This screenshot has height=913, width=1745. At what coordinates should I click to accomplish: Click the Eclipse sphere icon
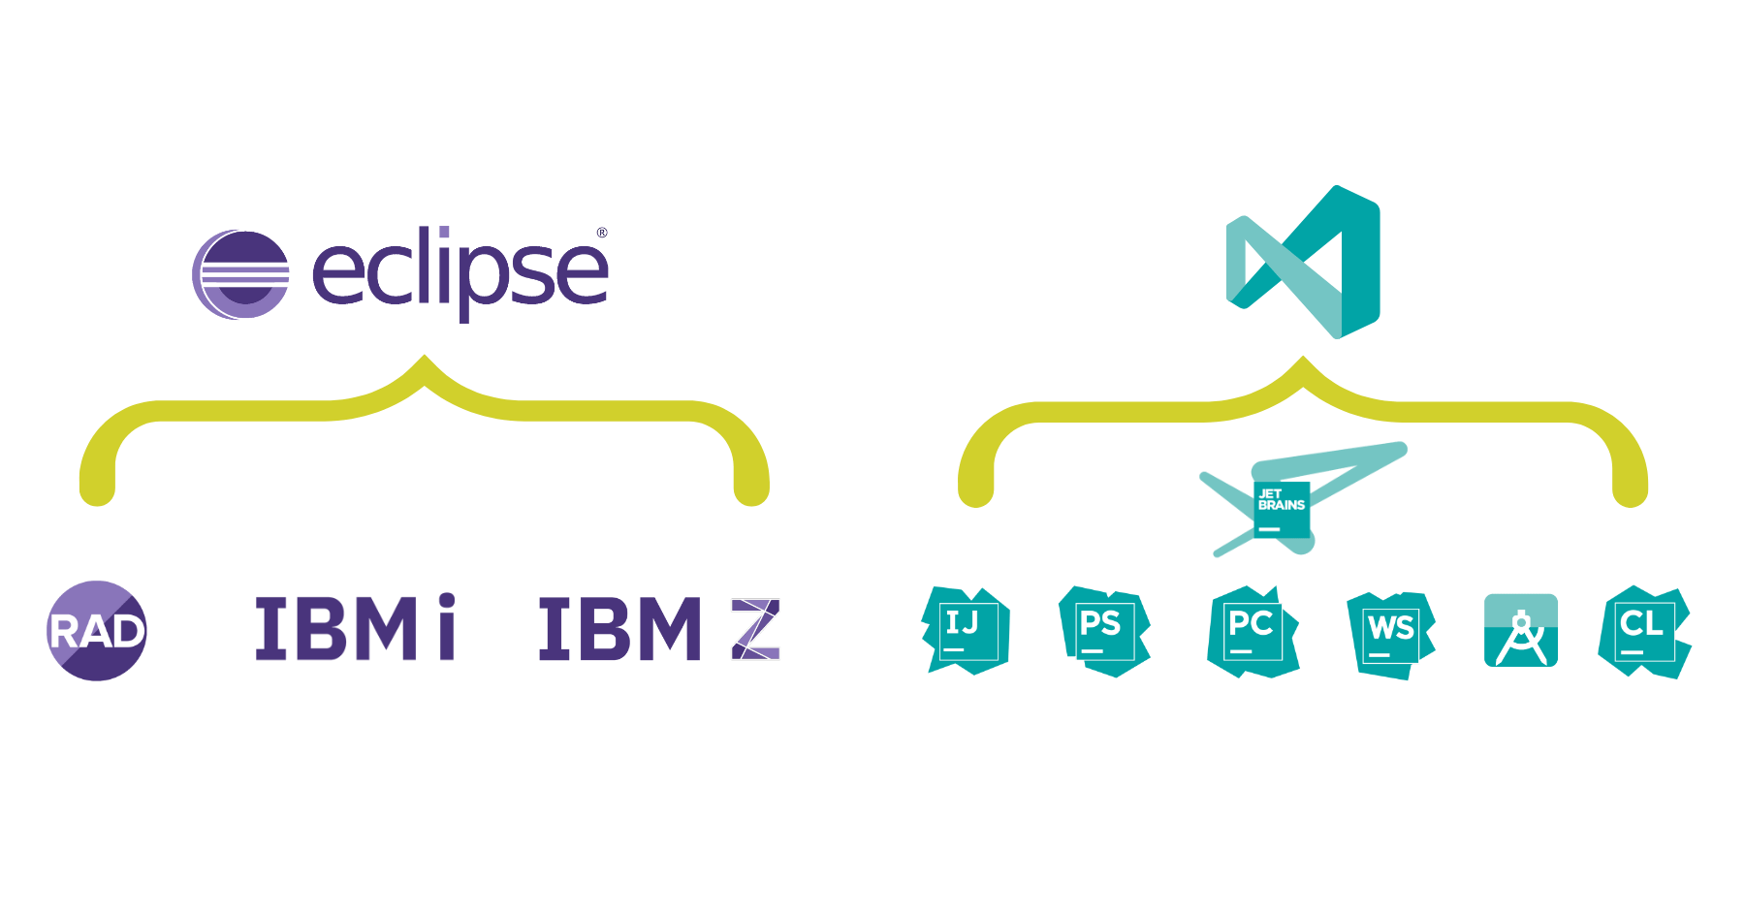coord(241,275)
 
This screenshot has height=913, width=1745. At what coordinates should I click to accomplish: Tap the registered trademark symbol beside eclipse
coord(601,234)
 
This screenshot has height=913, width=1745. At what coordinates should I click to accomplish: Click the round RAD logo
coord(97,631)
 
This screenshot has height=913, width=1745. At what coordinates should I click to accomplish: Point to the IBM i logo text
coord(355,629)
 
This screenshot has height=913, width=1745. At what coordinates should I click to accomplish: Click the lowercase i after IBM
coord(445,628)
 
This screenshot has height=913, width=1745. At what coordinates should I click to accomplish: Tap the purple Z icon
coord(755,630)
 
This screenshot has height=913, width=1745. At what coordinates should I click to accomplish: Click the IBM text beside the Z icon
coord(620,630)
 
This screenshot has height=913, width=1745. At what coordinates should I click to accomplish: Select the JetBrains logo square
coord(1281,510)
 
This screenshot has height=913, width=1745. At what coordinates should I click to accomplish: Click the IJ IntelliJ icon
coord(966,630)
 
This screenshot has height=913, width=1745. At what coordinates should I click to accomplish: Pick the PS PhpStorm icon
coord(1103,631)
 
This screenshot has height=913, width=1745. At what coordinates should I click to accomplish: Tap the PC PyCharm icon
coord(1252,631)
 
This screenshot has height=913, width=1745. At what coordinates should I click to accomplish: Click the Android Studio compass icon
coord(1521,631)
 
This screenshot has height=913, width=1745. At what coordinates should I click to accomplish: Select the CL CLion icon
coord(1644,631)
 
